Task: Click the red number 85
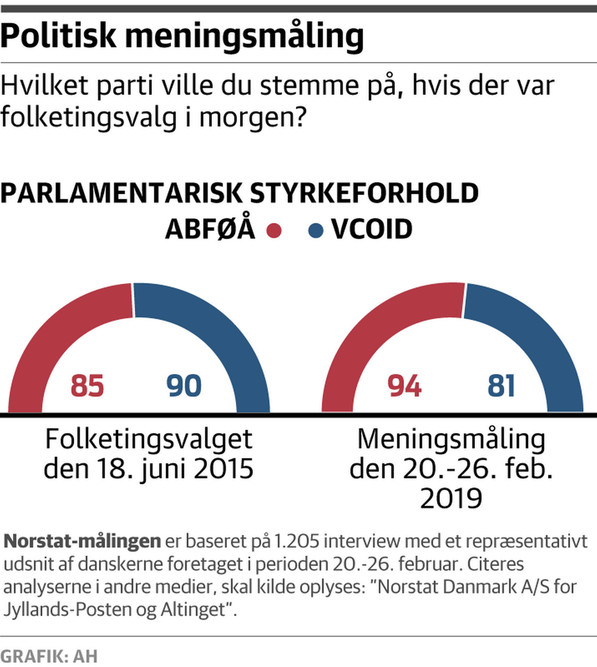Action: coord(87,386)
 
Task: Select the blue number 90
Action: coord(184,386)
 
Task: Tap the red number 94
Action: coord(404,386)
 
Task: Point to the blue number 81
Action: coord(501,386)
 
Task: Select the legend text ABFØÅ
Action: coord(210,230)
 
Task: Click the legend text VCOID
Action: coord(371,230)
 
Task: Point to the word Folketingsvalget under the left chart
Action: coord(149,440)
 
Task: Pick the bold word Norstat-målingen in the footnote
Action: coord(82,541)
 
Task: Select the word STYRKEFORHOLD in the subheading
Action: coord(364,194)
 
